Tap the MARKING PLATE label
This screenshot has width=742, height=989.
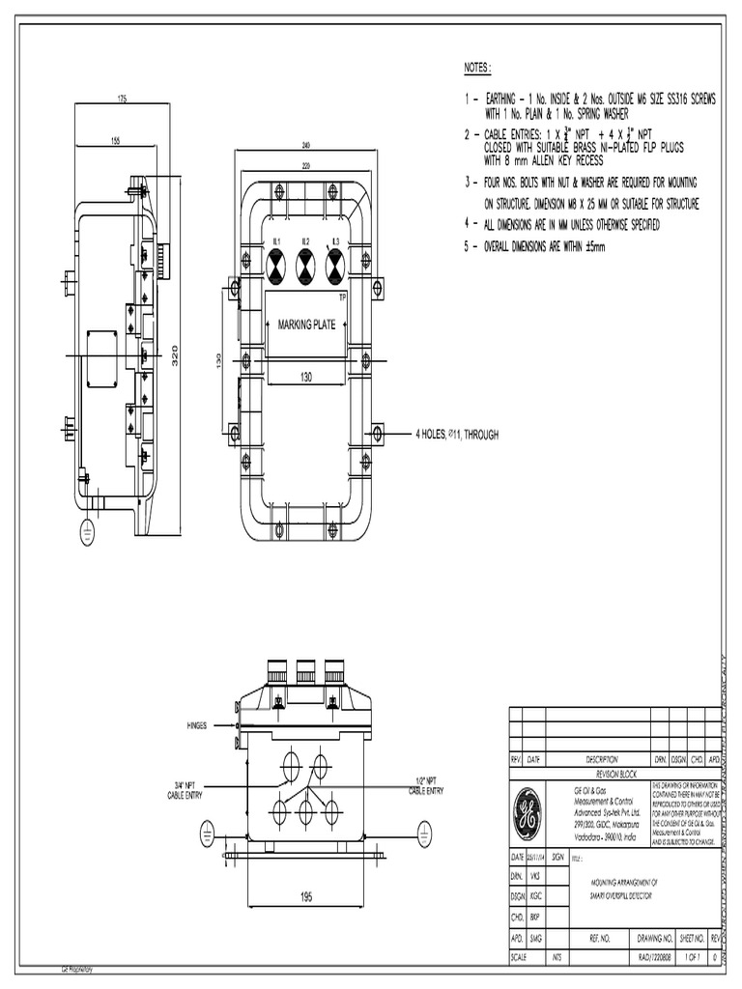(306, 325)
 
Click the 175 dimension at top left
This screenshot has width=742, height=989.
(123, 99)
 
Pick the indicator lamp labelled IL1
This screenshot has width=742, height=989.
(274, 259)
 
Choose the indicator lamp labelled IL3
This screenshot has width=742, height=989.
(335, 259)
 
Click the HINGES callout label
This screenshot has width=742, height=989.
(197, 724)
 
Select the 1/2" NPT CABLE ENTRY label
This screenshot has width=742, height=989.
(425, 786)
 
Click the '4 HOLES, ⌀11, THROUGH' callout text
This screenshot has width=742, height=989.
(457, 435)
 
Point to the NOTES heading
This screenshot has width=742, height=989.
(477, 68)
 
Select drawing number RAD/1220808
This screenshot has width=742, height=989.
(654, 957)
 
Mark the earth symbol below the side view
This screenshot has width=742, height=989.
(85, 528)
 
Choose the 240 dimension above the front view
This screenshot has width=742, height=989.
(305, 146)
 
